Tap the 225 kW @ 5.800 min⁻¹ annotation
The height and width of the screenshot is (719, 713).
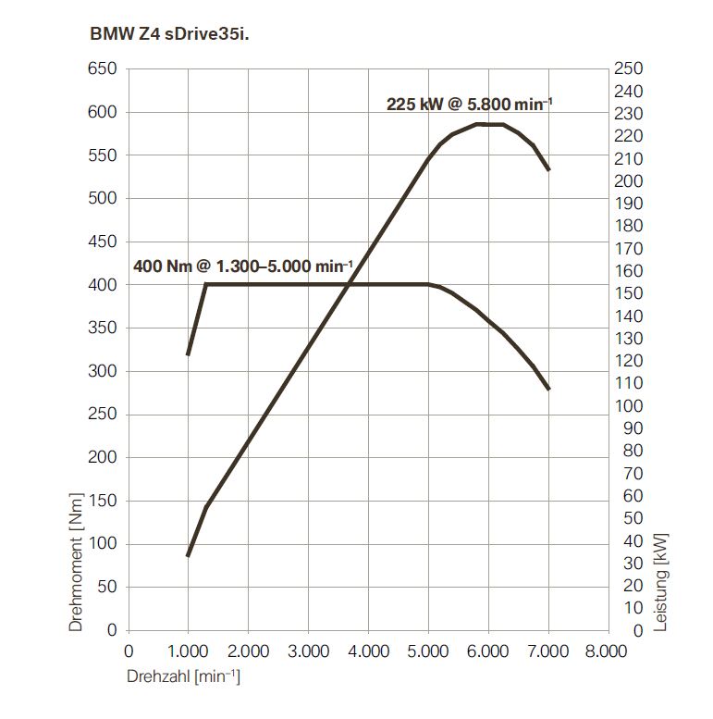click(x=469, y=104)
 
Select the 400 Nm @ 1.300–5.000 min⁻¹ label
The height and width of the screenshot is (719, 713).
click(x=242, y=266)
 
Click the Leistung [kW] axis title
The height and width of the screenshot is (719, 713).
click(x=660, y=581)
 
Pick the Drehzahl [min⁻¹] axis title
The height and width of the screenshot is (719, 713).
click(x=183, y=677)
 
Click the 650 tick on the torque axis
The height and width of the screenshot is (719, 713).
click(x=103, y=69)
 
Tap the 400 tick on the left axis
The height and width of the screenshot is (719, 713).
click(x=103, y=285)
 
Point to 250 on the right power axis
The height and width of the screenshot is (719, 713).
click(x=628, y=69)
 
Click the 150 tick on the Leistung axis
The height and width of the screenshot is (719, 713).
click(x=628, y=293)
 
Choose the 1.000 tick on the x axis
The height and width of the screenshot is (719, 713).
click(x=188, y=651)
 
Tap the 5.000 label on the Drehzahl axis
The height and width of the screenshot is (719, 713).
click(x=428, y=651)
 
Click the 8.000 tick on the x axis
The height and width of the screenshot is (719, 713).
click(x=608, y=651)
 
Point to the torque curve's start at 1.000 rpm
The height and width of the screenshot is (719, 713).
click(x=188, y=354)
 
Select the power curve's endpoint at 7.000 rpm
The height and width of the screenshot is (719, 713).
click(x=548, y=169)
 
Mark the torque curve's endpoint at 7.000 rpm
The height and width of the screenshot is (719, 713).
click(x=548, y=389)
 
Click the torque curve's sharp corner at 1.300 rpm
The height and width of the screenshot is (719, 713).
click(x=205, y=284)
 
